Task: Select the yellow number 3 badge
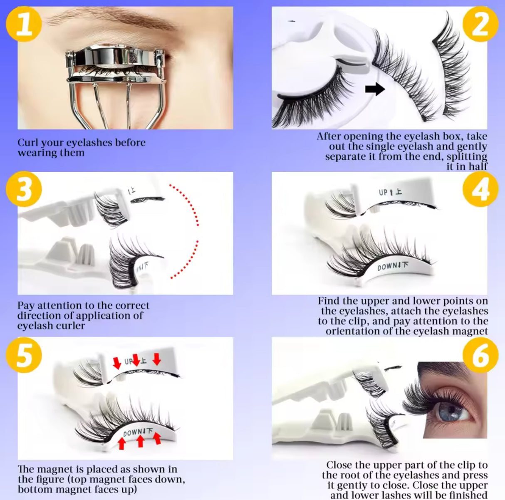click(25, 190)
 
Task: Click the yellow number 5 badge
click(25, 354)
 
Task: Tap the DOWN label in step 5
click(133, 433)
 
